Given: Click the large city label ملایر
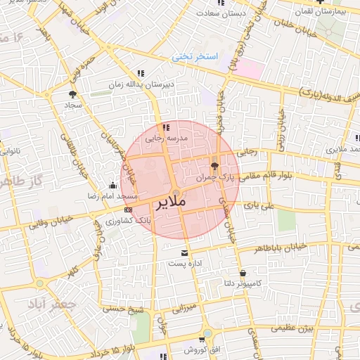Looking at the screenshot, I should click(169, 202).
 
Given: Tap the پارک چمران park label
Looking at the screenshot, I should click(213, 179).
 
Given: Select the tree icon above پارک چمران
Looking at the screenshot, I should click(214, 166).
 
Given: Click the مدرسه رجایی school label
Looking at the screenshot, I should click(167, 139).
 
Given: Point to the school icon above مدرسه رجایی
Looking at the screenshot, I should click(166, 128).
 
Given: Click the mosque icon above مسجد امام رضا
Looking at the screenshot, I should click(113, 186).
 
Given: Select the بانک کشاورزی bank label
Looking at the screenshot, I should click(115, 221).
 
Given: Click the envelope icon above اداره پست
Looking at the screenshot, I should click(186, 252).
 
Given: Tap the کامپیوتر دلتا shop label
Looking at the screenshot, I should click(242, 284).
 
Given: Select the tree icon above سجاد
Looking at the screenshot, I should click(72, 94).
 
